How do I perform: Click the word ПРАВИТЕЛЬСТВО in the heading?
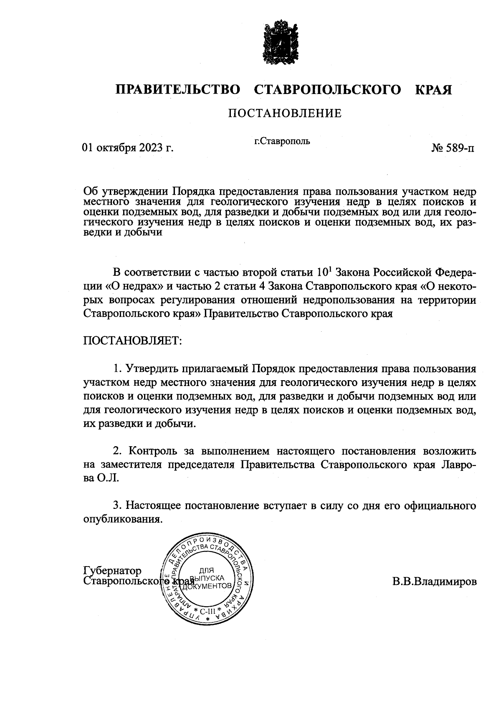click(x=178, y=90)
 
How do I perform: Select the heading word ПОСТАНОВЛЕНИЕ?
click(x=284, y=113)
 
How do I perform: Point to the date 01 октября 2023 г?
click(x=128, y=148)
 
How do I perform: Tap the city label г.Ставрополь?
click(x=282, y=141)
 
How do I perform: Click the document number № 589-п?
click(x=453, y=148)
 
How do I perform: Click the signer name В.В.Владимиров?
click(x=434, y=581)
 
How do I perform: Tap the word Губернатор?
click(x=112, y=571)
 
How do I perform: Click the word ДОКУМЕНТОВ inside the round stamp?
click(x=210, y=586)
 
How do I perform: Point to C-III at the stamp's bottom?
click(x=207, y=612)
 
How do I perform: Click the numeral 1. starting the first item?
click(x=118, y=369)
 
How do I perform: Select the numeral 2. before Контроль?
click(x=118, y=451)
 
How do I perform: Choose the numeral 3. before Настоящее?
click(x=118, y=506)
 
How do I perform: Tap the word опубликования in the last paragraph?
click(x=122, y=519)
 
